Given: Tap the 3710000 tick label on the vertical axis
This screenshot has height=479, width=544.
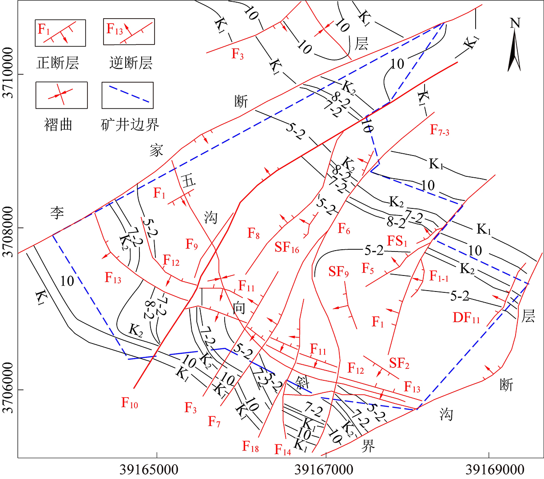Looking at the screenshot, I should click(x=8, y=74).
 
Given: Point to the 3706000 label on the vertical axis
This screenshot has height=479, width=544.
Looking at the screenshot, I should click(x=8, y=389).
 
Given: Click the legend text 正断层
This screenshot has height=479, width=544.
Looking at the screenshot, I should click(x=58, y=63).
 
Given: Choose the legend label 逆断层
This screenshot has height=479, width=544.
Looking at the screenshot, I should click(x=131, y=63).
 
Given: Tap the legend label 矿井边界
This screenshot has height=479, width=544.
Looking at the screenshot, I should click(x=130, y=124).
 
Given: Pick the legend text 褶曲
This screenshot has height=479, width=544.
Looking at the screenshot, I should click(x=58, y=124).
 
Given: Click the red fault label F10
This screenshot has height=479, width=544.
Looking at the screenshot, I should click(x=130, y=403).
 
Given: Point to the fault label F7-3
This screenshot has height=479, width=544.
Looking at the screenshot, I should click(x=440, y=130).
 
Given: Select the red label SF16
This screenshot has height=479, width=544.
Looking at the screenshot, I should click(x=287, y=247).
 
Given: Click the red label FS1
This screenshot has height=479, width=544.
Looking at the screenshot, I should click(x=397, y=241).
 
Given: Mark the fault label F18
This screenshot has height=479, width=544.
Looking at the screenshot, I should click(x=250, y=446).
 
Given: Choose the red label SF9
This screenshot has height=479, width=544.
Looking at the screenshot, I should click(x=338, y=271).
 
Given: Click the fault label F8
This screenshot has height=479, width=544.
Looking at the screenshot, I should click(x=254, y=233).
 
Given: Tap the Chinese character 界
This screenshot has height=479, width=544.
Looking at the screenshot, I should click(x=368, y=446).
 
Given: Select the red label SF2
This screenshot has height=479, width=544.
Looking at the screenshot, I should click(x=399, y=363).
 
